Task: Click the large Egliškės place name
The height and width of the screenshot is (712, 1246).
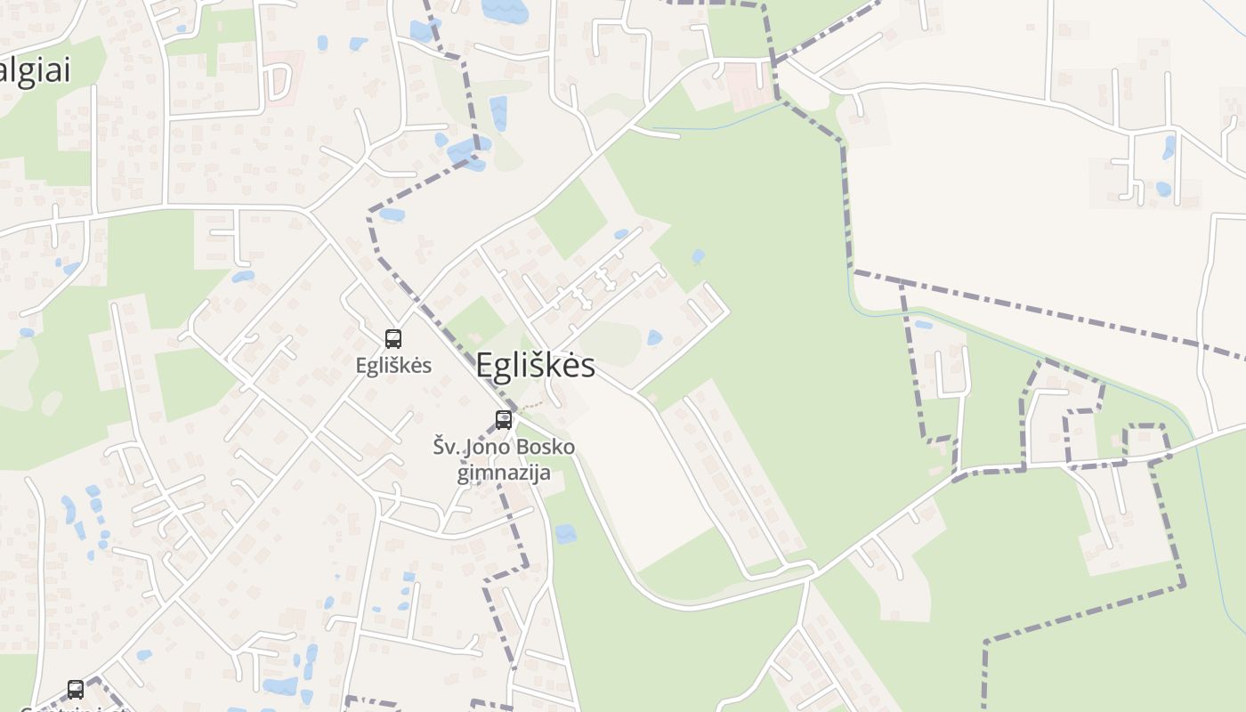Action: (535, 365)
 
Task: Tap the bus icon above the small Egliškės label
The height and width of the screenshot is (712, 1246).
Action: (393, 338)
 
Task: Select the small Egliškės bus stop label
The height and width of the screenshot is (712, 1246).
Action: (393, 365)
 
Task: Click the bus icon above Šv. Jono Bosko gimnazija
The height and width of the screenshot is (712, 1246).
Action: (504, 420)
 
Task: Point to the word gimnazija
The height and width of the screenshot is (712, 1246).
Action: (504, 472)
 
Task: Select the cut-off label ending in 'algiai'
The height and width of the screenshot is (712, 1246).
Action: (34, 71)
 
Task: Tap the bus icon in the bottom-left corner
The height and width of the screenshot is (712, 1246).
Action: (76, 689)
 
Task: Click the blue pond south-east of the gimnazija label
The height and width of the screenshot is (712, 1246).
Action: (565, 534)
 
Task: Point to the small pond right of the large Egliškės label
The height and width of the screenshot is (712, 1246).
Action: (654, 338)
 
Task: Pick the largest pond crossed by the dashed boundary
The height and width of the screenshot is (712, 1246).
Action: (468, 152)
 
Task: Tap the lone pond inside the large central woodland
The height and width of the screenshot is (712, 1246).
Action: (698, 257)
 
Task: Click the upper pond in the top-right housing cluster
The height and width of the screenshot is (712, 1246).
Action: (1169, 146)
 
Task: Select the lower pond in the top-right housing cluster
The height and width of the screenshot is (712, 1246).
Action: (1163, 189)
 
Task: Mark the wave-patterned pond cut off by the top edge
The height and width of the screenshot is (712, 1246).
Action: (505, 10)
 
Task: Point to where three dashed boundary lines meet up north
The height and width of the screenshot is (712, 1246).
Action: (774, 62)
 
